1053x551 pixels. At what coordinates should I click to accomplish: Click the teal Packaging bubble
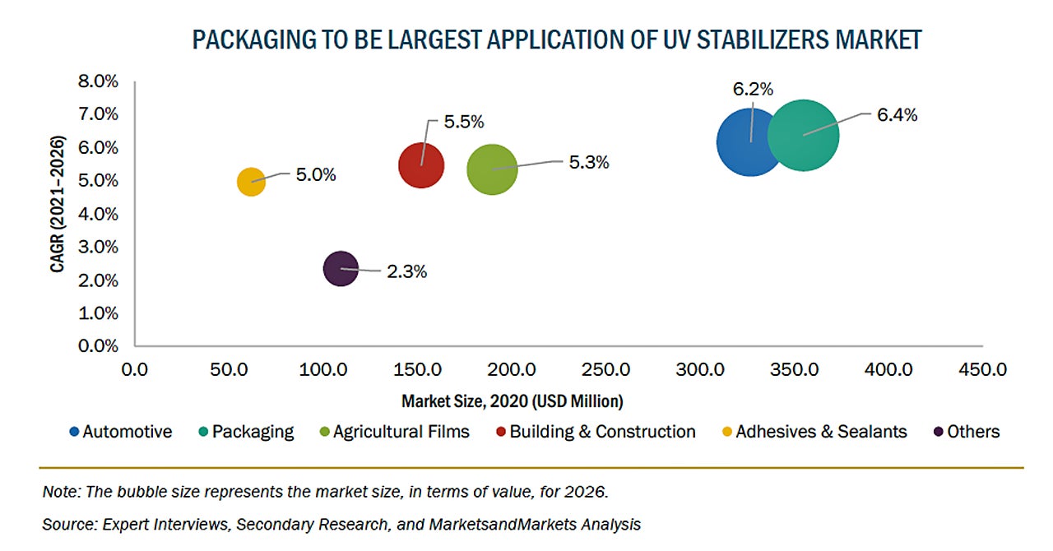click(804, 135)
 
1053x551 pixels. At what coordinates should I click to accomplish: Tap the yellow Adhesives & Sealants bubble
click(251, 181)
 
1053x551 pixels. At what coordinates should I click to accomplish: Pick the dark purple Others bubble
click(341, 268)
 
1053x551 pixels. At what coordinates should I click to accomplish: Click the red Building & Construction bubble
click(421, 165)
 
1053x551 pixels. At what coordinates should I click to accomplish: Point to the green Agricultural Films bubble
click(492, 169)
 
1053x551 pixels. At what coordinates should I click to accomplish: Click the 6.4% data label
click(897, 115)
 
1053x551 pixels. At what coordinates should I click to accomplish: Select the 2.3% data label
click(406, 271)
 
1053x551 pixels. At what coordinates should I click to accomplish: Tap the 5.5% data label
click(464, 122)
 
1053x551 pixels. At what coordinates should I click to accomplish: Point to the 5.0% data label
click(316, 175)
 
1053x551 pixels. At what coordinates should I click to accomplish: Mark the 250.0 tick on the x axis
click(610, 369)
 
